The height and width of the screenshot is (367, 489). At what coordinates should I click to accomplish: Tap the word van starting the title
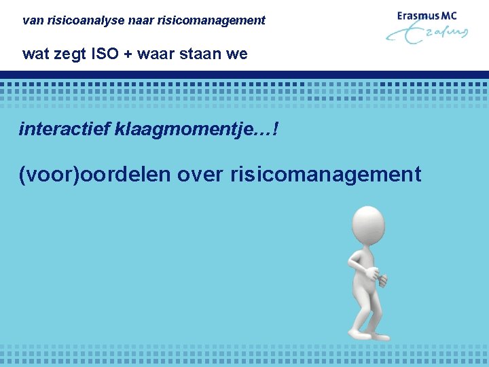tap(31, 20)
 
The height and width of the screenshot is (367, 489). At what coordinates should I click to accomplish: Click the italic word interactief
tap(65, 128)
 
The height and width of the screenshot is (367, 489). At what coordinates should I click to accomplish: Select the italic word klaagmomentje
tap(185, 128)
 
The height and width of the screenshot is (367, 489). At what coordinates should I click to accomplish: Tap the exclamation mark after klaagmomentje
tap(274, 128)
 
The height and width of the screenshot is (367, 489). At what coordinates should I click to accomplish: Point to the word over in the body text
tap(201, 175)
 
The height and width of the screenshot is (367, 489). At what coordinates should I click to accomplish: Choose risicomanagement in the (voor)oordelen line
tap(326, 175)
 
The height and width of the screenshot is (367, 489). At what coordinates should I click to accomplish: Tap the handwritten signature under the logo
tap(428, 34)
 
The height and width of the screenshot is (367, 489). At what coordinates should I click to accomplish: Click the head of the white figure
tap(368, 227)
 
